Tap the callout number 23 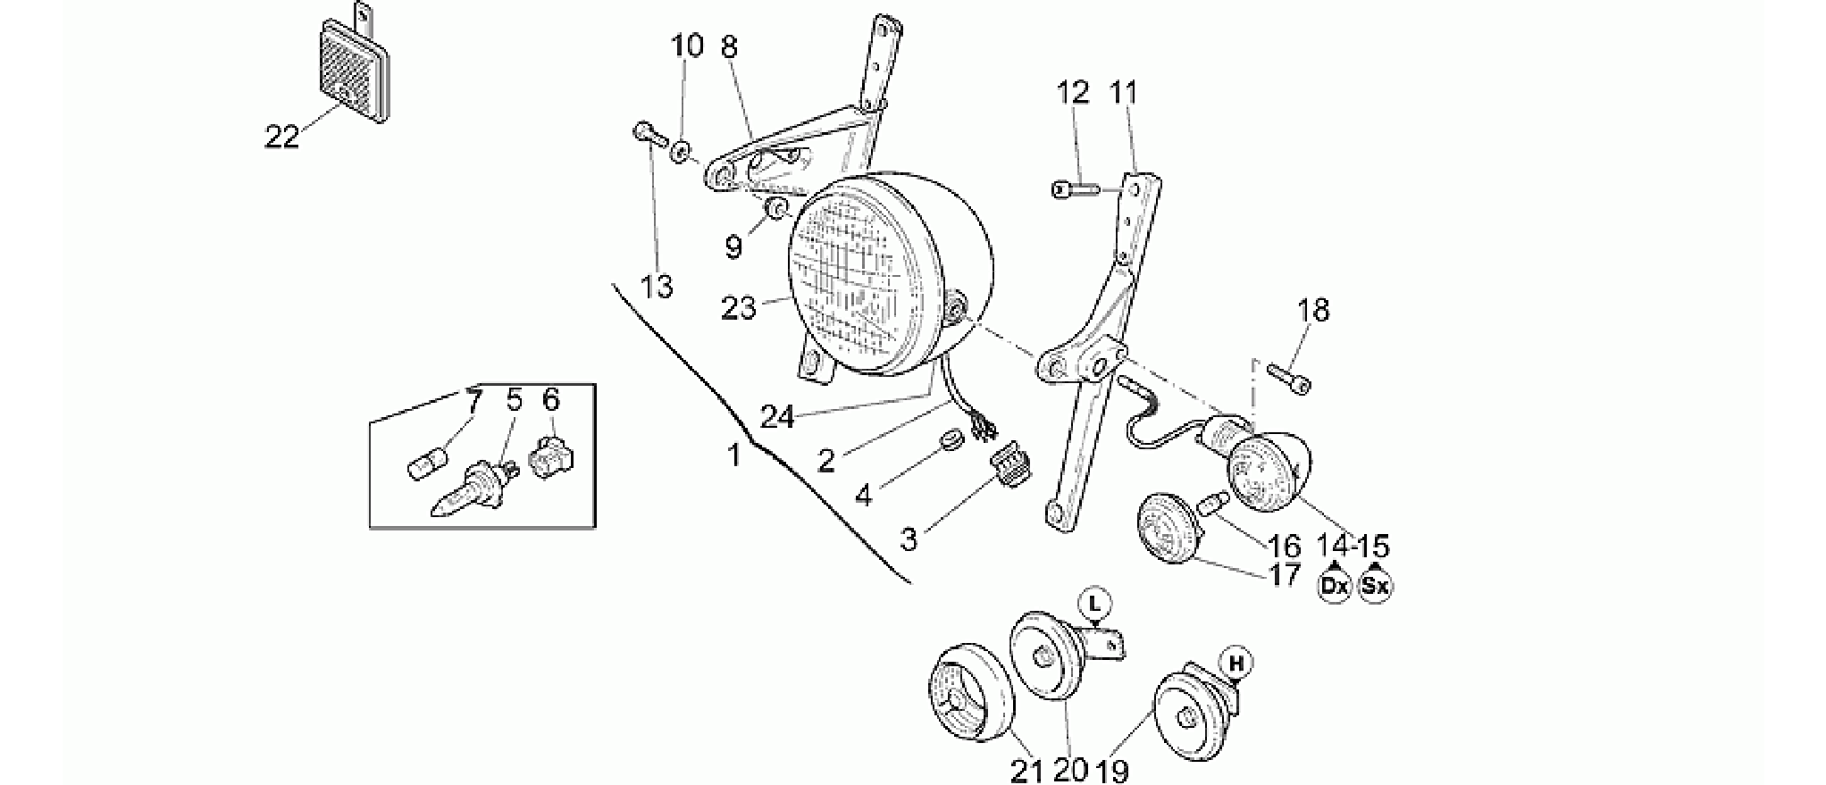[x=739, y=308]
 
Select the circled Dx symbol [x=1335, y=586]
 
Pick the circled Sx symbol [x=1376, y=586]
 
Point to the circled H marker [x=1237, y=664]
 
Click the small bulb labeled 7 [x=425, y=467]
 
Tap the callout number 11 [x=1125, y=93]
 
